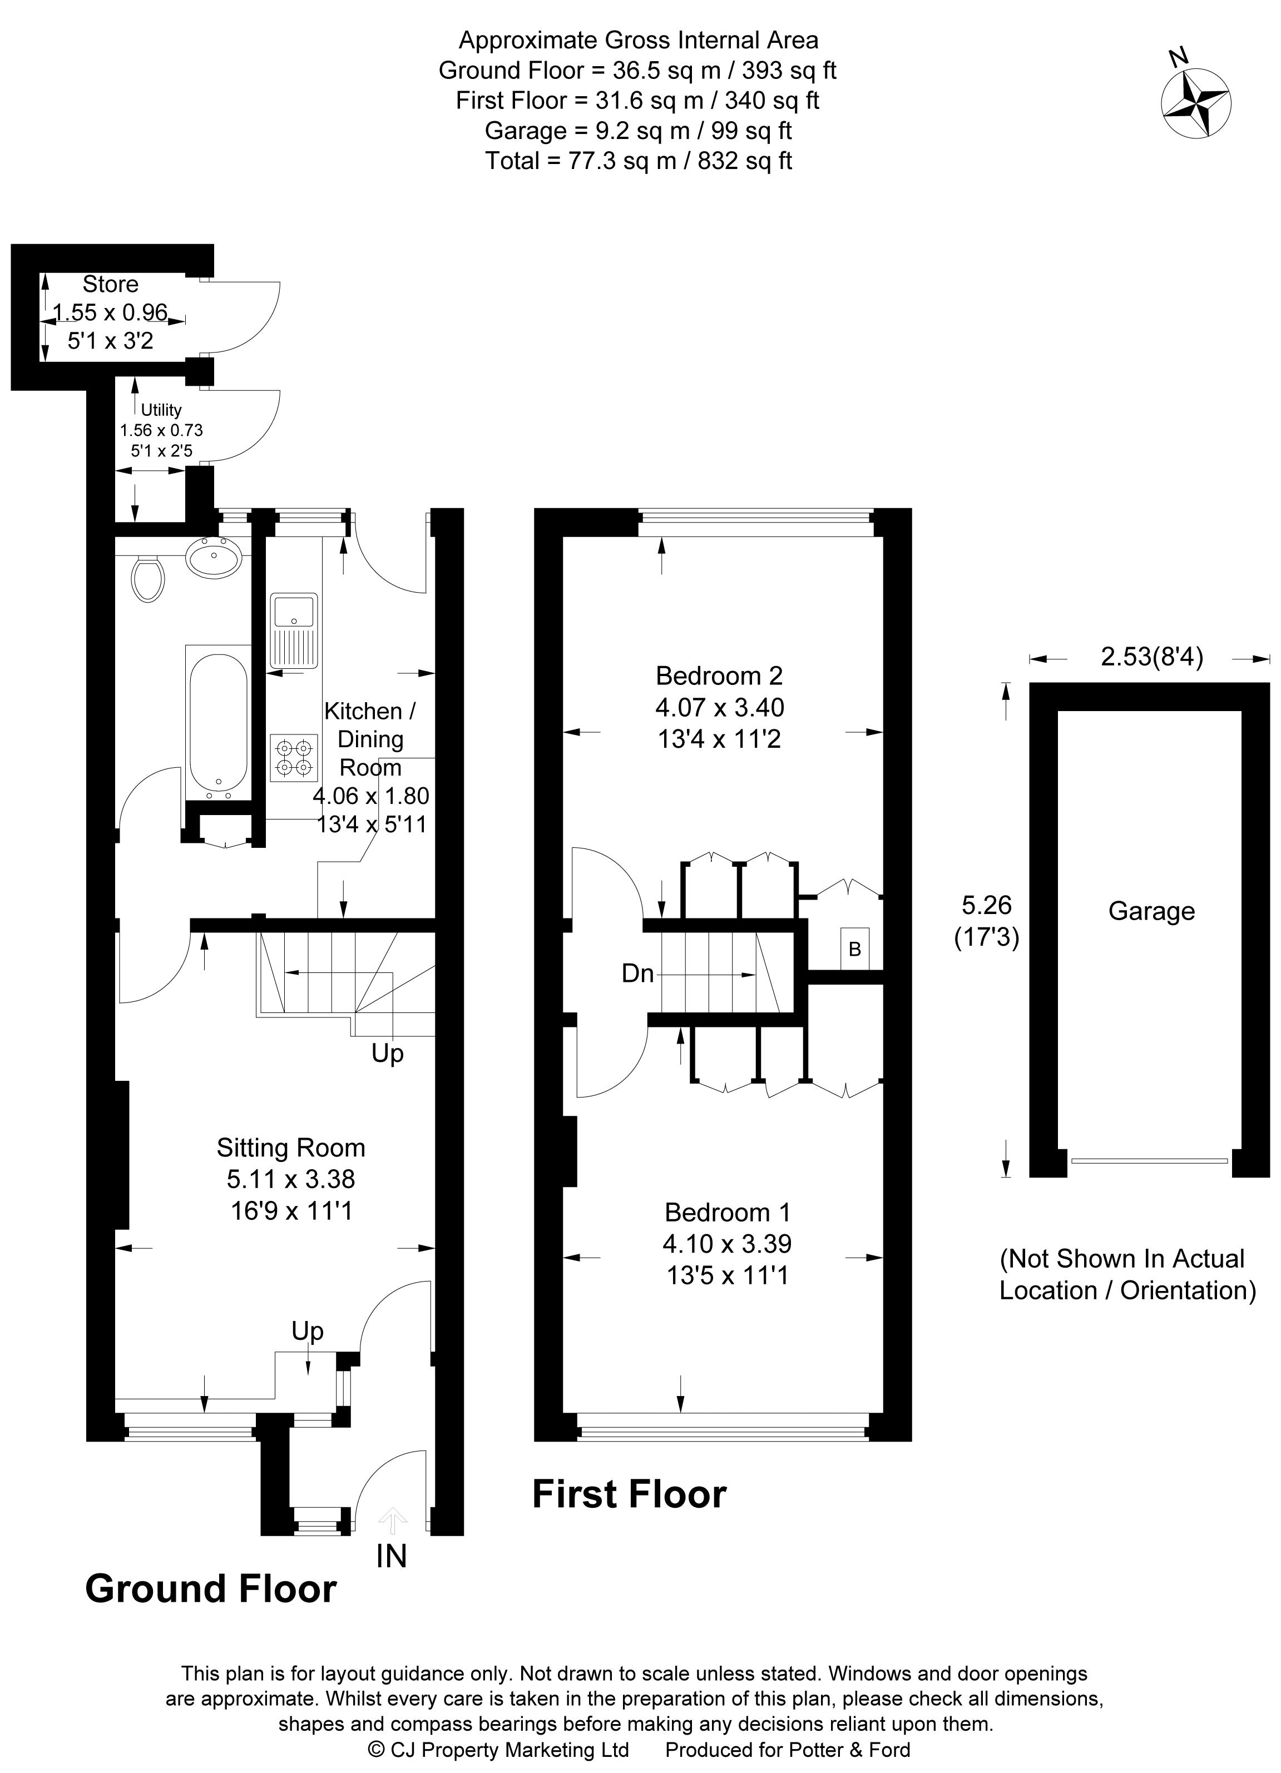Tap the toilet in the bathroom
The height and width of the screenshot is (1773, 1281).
coord(147,579)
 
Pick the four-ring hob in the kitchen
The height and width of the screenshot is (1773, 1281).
coord(294,757)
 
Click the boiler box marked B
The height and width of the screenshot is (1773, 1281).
coord(855,949)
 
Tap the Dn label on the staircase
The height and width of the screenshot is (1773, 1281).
coord(637,974)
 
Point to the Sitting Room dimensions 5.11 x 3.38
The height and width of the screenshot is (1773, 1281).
coord(291,1179)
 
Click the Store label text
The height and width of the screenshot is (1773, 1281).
coord(110,284)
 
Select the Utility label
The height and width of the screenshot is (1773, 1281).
coord(161,410)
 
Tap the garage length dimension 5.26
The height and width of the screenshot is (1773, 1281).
coord(986,905)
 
